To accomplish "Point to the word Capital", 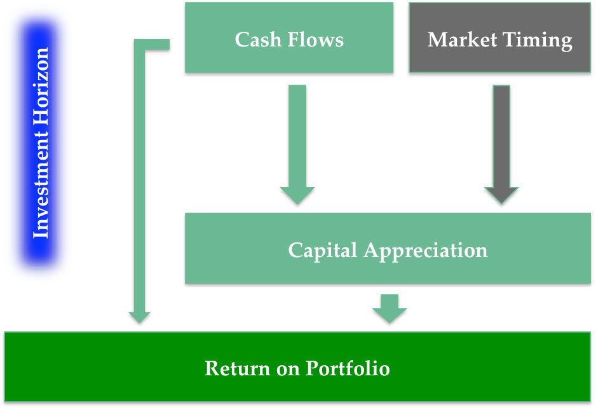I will point(323,250).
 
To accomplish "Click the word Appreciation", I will point(425,250).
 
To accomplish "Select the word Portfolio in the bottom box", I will point(348,368).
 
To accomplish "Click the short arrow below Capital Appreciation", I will point(389,308).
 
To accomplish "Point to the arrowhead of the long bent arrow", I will point(140,316).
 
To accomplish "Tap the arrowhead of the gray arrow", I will point(501,195).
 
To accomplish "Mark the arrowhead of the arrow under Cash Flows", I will point(297,195).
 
